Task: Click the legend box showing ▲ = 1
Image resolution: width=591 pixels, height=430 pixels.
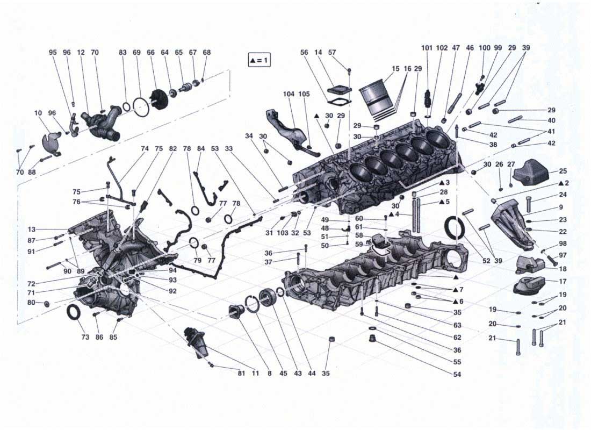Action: click(x=259, y=60)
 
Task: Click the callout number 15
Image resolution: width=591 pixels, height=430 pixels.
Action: click(x=396, y=69)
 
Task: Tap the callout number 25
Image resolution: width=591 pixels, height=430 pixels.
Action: click(x=563, y=171)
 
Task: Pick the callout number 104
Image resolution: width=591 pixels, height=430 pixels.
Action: click(x=289, y=94)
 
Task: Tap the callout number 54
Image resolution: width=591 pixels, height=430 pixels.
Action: click(x=457, y=374)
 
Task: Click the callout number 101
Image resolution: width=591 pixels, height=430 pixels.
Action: click(x=427, y=48)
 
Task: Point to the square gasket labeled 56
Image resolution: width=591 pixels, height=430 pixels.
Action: click(x=337, y=102)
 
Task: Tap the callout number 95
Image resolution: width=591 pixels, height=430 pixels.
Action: click(x=53, y=53)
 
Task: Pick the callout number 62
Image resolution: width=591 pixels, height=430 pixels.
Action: click(x=457, y=338)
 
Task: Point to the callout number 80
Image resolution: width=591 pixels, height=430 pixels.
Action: click(x=32, y=303)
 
